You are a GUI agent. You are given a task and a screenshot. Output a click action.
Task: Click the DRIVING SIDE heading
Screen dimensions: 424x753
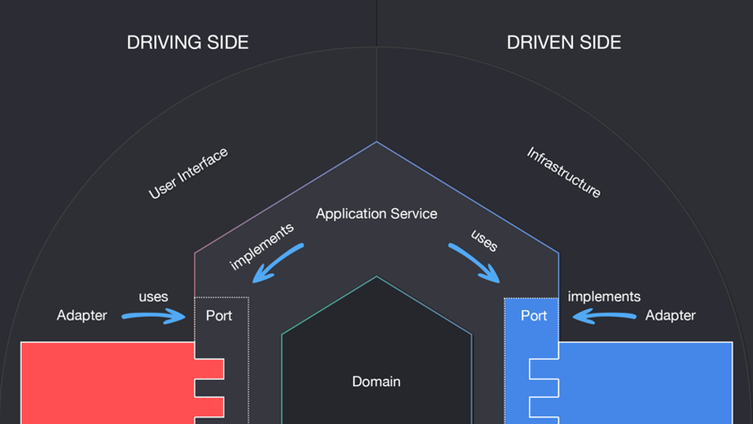tap(187, 42)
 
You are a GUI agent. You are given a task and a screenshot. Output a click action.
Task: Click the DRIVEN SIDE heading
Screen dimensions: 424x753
tap(564, 42)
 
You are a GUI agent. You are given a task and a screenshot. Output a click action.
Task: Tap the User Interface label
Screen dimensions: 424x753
tap(188, 173)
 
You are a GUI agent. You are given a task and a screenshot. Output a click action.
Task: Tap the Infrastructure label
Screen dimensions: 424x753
tap(563, 171)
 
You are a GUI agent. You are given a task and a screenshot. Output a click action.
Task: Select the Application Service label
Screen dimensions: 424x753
tap(376, 214)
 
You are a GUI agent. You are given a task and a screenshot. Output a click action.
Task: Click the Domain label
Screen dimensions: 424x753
tap(376, 382)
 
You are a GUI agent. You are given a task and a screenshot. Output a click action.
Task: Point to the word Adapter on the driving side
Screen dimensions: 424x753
tap(82, 315)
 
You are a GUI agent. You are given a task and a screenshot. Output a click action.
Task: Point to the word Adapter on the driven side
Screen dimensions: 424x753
tap(670, 315)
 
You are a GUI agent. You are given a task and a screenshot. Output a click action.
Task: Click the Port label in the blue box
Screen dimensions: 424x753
tap(534, 315)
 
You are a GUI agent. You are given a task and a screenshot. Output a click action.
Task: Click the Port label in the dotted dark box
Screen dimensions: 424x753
tap(218, 315)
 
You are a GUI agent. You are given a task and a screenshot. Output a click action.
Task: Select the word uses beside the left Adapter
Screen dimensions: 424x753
tap(153, 297)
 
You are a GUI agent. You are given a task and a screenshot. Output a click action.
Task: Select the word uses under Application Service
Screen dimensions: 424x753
tap(484, 241)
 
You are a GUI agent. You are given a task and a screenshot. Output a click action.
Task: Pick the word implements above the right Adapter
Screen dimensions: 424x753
tap(604, 297)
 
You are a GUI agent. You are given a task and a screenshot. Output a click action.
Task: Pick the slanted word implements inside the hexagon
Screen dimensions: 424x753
tap(262, 247)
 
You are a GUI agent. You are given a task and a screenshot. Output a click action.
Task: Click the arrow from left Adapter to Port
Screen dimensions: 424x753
tap(155, 317)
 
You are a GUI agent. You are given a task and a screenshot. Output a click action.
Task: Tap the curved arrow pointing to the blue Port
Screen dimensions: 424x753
tap(474, 263)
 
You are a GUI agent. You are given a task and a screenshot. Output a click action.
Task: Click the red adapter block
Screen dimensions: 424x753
tap(104, 382)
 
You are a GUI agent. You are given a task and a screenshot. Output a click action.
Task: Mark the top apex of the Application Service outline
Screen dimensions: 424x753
tap(376, 142)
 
